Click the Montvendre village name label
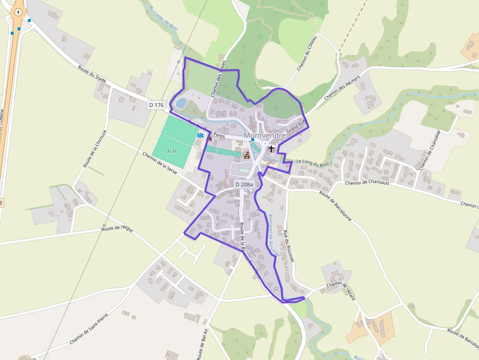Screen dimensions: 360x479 [x=264, y=135]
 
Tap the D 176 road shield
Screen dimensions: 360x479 [x=157, y=105]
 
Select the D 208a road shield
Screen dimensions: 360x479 [x=244, y=184]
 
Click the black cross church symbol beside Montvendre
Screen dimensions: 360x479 [x=271, y=148]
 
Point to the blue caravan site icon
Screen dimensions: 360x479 [x=200, y=136]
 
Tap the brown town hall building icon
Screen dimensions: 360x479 [x=247, y=155]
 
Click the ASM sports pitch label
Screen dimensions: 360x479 [x=172, y=151]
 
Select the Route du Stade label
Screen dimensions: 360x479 [x=92, y=75]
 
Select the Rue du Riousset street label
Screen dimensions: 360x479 [x=288, y=247]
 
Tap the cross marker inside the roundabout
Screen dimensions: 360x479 [x=18, y=12]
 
